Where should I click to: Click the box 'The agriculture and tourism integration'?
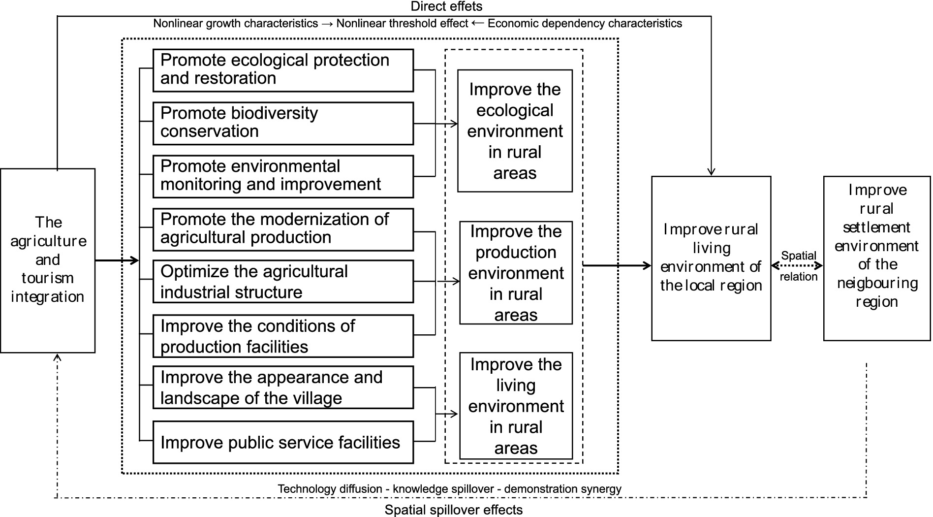point(48,260)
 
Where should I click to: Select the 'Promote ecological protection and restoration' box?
point(283,70)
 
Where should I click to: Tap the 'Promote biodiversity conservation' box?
point(283,123)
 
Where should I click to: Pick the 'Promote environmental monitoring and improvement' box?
point(283,176)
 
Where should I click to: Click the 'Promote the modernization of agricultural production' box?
point(283,229)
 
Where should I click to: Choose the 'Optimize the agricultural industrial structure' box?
point(283,282)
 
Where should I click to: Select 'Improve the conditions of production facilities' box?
point(283,336)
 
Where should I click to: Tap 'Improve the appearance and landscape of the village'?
point(283,388)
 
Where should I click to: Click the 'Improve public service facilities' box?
point(283,442)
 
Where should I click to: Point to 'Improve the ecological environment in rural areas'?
point(515,131)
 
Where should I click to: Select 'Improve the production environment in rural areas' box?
point(516,273)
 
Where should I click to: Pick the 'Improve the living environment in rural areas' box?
point(516,406)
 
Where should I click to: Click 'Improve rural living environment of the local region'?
point(711,258)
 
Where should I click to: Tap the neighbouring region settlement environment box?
point(876,258)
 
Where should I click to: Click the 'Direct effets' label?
point(446,6)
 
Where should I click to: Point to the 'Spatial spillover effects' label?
point(453,510)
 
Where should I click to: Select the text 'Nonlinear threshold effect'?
point(402,24)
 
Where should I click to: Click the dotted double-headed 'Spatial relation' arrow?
point(797,266)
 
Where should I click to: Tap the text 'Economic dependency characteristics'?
point(585,24)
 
